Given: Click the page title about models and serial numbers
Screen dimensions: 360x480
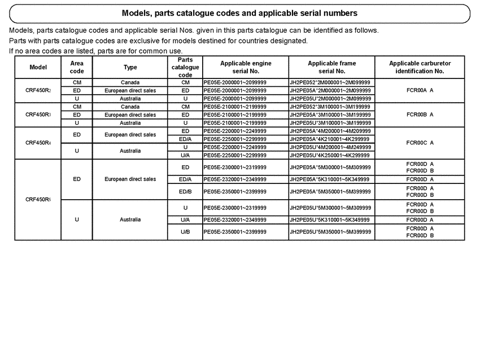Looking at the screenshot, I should pos(239,13).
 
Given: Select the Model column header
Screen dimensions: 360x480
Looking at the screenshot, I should pos(38,67).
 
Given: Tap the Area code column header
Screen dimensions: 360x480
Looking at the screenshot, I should pos(76,67).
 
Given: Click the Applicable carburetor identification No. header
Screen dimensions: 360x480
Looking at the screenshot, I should pos(419,67).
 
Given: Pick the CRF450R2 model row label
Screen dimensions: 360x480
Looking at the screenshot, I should pos(38,90).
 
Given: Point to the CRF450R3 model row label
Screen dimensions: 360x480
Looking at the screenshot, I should pos(38,115).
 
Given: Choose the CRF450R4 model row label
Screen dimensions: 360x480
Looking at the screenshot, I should pos(38,143).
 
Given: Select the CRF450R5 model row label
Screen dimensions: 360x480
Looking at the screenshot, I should pos(38,199).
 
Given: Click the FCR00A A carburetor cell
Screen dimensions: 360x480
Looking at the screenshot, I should pos(419,90).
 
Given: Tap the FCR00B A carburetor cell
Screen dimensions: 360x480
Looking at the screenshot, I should pos(419,115).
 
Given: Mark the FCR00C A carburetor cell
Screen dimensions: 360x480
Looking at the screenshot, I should pos(419,143).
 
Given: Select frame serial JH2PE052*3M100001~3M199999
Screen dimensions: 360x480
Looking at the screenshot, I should pos(330,107).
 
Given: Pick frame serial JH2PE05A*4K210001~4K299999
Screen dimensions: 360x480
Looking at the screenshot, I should pos(330,139).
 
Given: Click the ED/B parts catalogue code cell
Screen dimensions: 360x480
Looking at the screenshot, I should pos(185,191).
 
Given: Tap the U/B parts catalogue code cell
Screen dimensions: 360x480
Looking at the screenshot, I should pos(185,231).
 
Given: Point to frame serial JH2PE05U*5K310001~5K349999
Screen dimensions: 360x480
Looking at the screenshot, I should pos(330,219).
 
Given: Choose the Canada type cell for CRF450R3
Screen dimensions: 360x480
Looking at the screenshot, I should pos(130,107).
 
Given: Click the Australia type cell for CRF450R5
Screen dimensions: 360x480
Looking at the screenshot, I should pos(130,219).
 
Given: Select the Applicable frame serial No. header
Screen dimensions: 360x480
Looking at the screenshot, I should pos(331,67).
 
